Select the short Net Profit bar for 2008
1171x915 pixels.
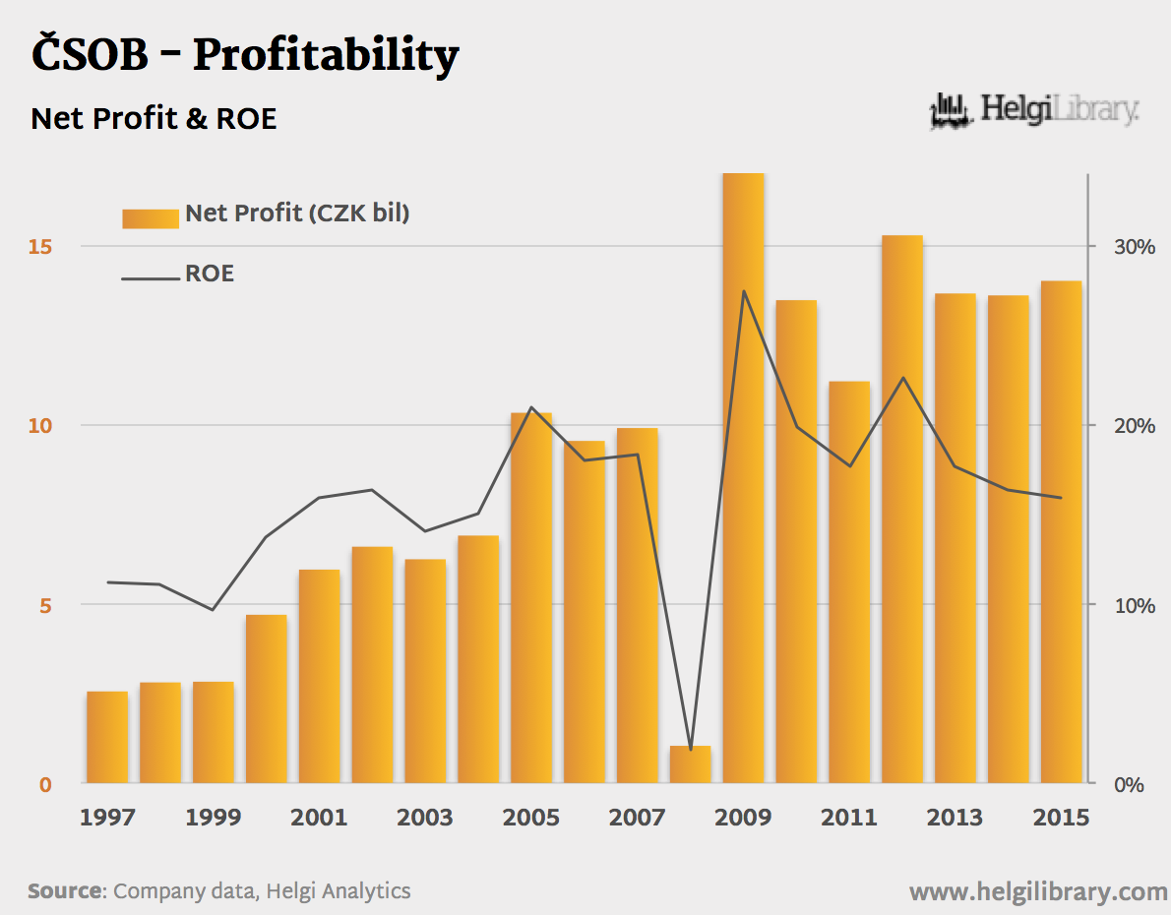pos(690,764)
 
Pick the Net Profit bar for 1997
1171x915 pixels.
pos(107,737)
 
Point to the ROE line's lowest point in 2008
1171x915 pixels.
pos(691,750)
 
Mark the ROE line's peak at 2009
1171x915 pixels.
pos(744,291)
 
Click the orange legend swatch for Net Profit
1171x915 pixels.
pos(151,217)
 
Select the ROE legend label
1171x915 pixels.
pos(210,274)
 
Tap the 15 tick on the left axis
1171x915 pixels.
pos(39,246)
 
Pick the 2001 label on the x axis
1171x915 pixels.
pos(319,818)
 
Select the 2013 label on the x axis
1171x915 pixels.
pos(955,818)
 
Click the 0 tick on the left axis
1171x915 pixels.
pos(45,785)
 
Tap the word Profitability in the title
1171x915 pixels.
pos(325,55)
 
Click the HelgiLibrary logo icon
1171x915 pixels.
pos(949,110)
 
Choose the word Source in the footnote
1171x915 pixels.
pos(65,891)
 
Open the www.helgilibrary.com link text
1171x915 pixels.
pos(1038,892)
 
